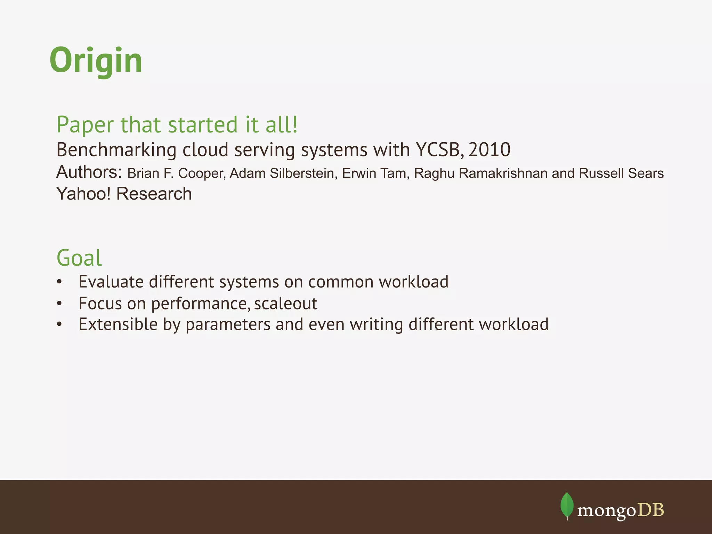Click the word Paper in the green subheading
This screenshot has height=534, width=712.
85,124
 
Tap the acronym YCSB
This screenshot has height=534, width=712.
439,150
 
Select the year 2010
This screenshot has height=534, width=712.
489,150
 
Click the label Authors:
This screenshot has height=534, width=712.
89,172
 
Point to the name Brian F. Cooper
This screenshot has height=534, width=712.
176,173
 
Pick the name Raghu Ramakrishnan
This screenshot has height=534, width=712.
480,173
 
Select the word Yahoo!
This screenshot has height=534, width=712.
83,194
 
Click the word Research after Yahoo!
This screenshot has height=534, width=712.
154,194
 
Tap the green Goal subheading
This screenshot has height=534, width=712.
79,258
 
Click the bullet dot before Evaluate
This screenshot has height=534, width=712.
59,282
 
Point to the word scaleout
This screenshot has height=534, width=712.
285,304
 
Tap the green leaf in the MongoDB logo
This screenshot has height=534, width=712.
567,505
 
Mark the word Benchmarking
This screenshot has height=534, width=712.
116,150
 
